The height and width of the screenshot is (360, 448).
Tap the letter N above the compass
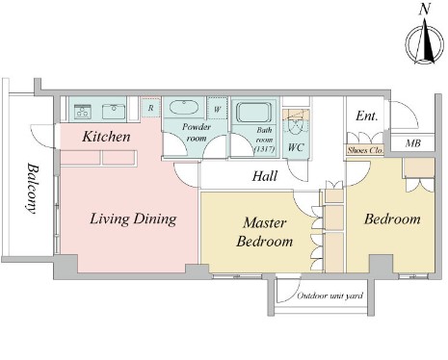(425, 10)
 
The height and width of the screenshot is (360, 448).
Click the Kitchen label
(106, 137)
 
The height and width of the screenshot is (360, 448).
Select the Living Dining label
(133, 219)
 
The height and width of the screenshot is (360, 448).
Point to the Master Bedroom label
(265, 232)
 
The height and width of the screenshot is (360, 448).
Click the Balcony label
(32, 189)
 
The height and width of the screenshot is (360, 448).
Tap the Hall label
(265, 176)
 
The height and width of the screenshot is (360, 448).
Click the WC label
(296, 147)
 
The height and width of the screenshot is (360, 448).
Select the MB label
(413, 143)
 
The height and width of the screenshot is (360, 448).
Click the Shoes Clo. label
(365, 150)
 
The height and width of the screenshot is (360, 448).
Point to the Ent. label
(366, 116)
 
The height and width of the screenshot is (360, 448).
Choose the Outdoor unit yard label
(330, 296)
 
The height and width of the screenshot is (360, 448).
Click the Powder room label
(197, 133)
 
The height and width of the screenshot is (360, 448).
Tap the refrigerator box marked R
(150, 108)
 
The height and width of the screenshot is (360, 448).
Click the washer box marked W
(218, 109)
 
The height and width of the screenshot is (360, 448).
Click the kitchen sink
(114, 112)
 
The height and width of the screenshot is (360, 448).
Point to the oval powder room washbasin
(184, 108)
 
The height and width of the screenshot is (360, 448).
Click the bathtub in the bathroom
(253, 113)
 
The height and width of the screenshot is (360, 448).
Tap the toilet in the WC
(295, 127)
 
